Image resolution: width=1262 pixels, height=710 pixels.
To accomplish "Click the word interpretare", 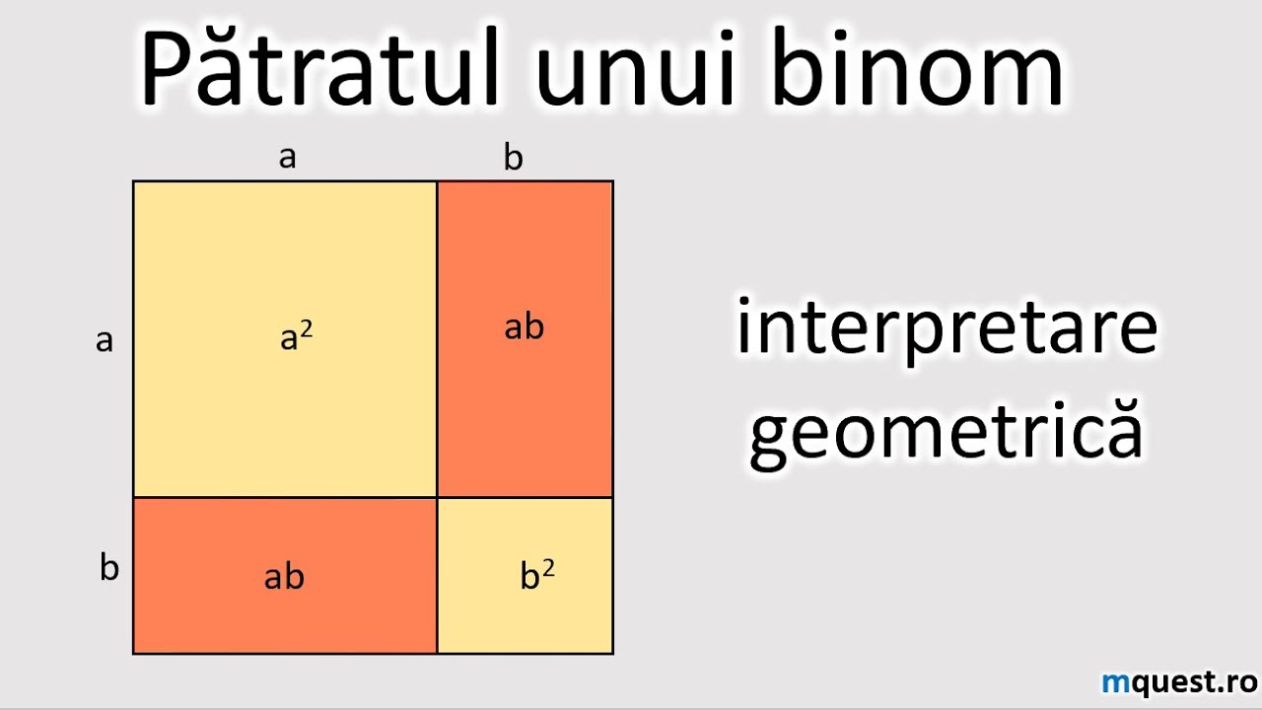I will (x=946, y=330).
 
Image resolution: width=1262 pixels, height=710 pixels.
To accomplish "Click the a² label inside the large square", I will (x=297, y=337).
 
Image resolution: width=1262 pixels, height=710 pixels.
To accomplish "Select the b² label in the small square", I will (x=536, y=575).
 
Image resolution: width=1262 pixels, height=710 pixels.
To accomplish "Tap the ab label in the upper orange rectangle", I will (x=524, y=327).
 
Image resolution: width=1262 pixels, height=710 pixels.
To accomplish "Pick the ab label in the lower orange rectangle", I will (x=284, y=577).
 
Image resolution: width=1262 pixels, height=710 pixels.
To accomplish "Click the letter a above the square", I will (x=287, y=158).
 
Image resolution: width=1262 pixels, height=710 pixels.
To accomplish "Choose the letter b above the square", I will (x=513, y=158).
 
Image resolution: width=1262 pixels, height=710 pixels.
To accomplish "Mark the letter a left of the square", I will (x=105, y=341).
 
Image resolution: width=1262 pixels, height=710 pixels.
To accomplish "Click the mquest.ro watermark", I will (x=1179, y=681).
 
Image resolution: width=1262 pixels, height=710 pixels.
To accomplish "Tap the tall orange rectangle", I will (x=525, y=414).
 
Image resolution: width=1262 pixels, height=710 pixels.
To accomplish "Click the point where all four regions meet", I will (x=437, y=497).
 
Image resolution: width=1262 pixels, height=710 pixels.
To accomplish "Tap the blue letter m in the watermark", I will (x=1114, y=682).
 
